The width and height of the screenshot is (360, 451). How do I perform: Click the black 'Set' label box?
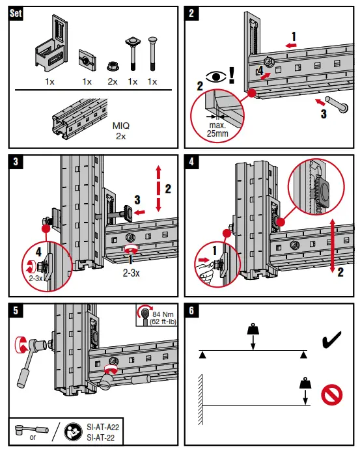point(15,14)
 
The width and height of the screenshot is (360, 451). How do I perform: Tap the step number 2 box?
point(192,14)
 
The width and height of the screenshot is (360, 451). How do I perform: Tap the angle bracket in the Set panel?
point(50,49)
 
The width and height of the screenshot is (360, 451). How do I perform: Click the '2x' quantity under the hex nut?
point(112,82)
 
